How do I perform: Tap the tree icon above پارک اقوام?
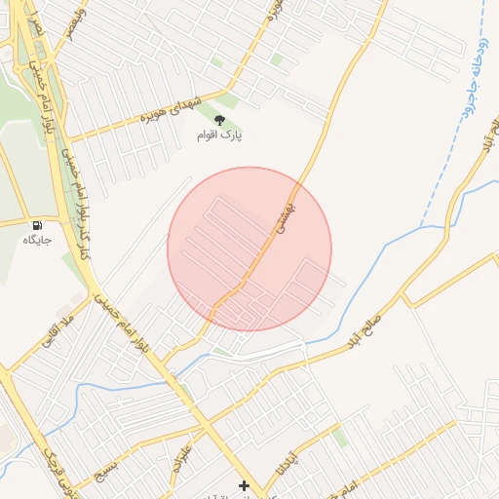[x=218, y=121]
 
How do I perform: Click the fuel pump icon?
[x=38, y=223]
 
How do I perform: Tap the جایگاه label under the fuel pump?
[x=36, y=238]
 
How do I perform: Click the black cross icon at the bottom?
[x=244, y=485]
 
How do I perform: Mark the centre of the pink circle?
[x=249, y=249]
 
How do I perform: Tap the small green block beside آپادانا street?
[x=339, y=438]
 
